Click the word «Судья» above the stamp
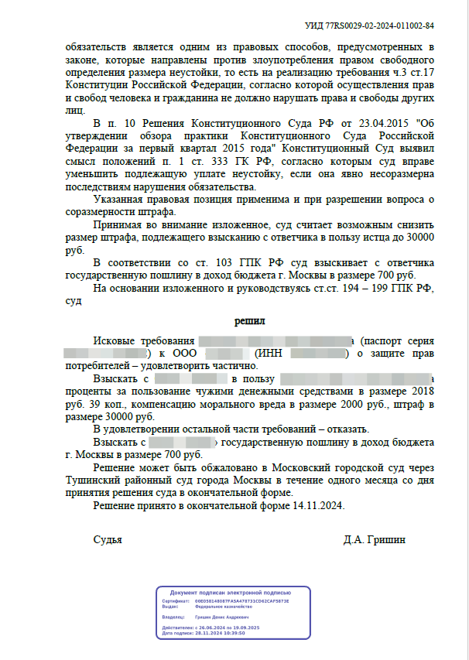tap(108, 539)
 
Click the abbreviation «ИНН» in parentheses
tap(272, 354)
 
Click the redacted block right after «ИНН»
tap(318, 354)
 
